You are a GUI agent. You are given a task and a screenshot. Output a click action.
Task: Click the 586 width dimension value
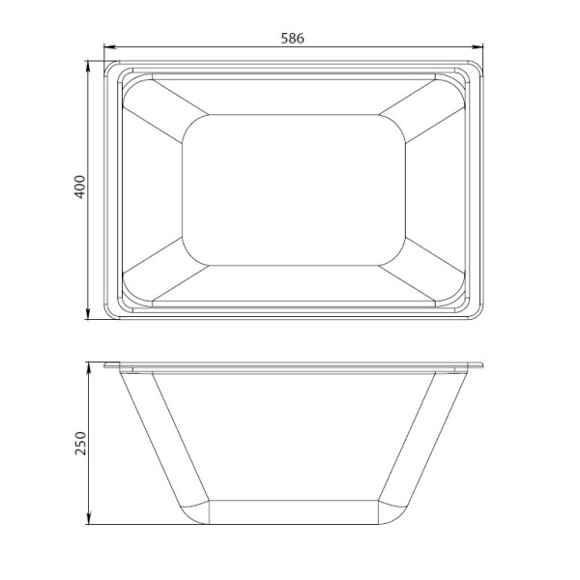pos(293,39)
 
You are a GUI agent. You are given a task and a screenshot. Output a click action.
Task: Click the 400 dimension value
pos(81,187)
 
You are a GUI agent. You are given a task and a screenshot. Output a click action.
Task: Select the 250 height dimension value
pos(81,443)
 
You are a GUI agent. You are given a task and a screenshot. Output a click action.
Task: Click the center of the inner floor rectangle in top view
pos(293,189)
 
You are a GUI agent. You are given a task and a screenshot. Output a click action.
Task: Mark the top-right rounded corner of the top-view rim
pos(474,69)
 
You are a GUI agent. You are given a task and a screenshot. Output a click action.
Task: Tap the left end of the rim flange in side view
pos(106,365)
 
